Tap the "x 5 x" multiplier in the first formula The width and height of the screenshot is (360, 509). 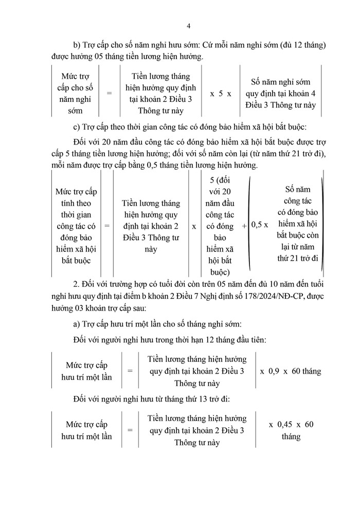click(221, 94)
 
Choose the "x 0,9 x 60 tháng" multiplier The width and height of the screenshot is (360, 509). click(290, 371)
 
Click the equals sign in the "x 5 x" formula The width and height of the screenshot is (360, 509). click(109, 94)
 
